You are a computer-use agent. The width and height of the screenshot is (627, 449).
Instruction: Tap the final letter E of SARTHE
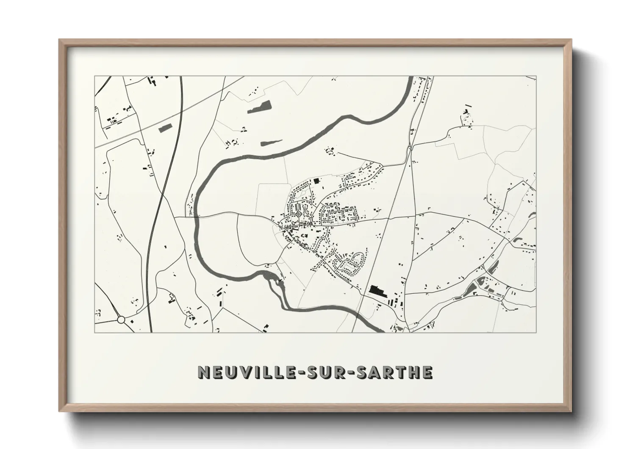427,372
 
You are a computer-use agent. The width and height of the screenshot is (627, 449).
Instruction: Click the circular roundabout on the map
121,320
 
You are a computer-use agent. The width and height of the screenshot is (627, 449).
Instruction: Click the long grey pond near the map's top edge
259,107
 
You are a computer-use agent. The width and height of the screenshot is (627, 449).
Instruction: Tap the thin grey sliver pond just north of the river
271,142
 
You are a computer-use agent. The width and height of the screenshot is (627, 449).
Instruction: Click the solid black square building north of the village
316,181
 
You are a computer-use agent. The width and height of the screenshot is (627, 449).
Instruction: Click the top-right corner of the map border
536,76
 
